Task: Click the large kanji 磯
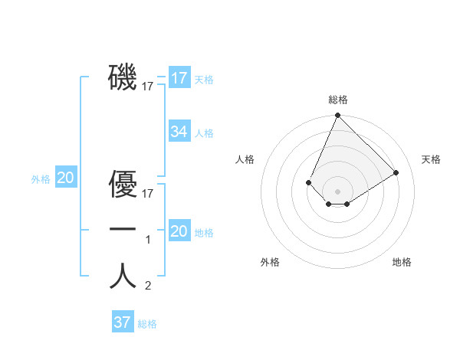pyautogui.click(x=123, y=77)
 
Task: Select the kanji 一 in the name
pyautogui.click(x=123, y=230)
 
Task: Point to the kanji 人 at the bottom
pyautogui.click(x=123, y=276)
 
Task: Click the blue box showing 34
pyautogui.click(x=179, y=132)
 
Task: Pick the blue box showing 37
pyautogui.click(x=122, y=322)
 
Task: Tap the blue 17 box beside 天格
pyautogui.click(x=179, y=78)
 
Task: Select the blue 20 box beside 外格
pyautogui.click(x=65, y=178)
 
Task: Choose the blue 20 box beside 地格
pyautogui.click(x=179, y=231)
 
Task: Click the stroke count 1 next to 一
pyautogui.click(x=149, y=241)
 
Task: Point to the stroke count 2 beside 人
pyautogui.click(x=149, y=286)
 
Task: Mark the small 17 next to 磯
pyautogui.click(x=148, y=87)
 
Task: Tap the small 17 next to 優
pyautogui.click(x=148, y=194)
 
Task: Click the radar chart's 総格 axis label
pyautogui.click(x=338, y=100)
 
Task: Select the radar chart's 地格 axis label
pyautogui.click(x=402, y=262)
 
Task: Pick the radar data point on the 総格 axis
pyautogui.click(x=337, y=116)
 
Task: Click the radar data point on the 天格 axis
pyautogui.click(x=396, y=172)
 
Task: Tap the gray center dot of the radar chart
pyautogui.click(x=337, y=191)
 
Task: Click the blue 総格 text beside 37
pyautogui.click(x=147, y=324)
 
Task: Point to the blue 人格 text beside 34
pyautogui.click(x=204, y=133)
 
